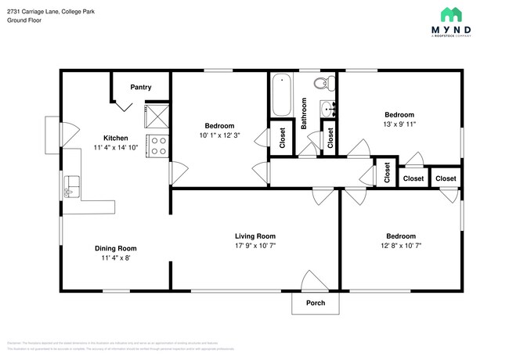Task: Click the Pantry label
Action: [x=141, y=87]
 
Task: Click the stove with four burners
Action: [x=157, y=146]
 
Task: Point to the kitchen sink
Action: [x=71, y=185]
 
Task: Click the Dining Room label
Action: [x=116, y=248]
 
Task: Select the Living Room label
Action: [x=255, y=236]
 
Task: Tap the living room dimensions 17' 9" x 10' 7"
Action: [x=255, y=247]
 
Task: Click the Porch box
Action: [x=316, y=303]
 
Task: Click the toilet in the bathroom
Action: [x=320, y=84]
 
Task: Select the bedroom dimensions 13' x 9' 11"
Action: [x=399, y=124]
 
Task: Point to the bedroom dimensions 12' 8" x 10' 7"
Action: [x=400, y=247]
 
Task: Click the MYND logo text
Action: [x=460, y=29]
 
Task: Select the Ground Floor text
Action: [x=24, y=20]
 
